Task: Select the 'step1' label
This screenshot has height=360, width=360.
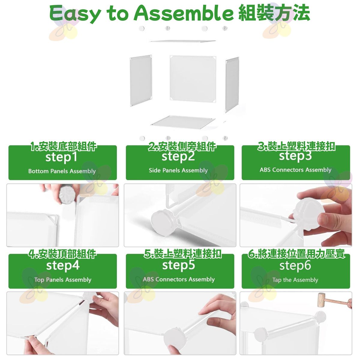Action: (x=61, y=157)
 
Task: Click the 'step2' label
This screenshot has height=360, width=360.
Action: (x=178, y=157)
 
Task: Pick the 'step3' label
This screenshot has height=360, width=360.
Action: (x=295, y=156)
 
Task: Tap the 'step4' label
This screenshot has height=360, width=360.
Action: (x=63, y=266)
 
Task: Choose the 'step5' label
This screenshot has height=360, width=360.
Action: (x=178, y=265)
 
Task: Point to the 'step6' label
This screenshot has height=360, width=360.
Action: (x=295, y=265)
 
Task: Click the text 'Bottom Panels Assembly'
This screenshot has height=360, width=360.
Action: (x=62, y=171)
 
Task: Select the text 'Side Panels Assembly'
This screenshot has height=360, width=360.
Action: (x=178, y=170)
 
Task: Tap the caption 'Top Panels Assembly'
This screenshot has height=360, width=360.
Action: (x=63, y=280)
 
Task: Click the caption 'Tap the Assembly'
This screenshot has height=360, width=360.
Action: (x=295, y=280)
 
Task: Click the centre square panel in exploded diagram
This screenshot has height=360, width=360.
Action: (x=193, y=79)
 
